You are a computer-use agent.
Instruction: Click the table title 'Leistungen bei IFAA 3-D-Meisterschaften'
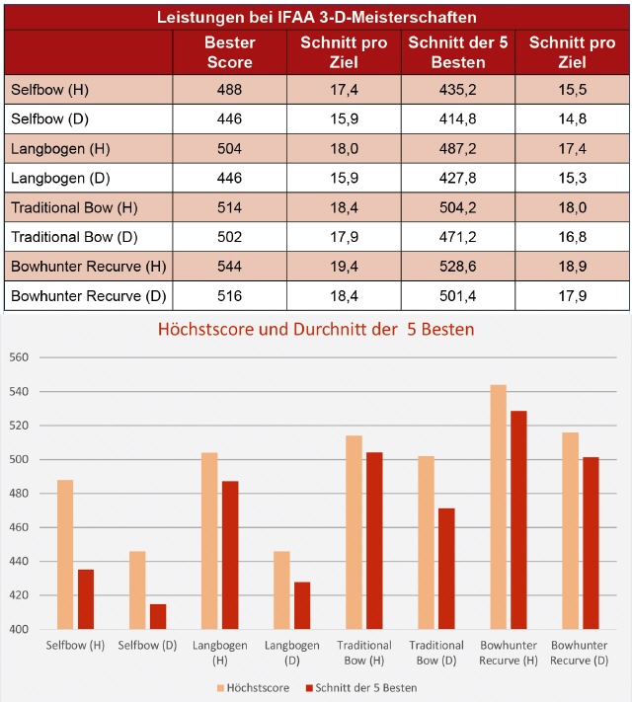[315, 16]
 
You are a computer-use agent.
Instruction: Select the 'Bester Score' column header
[229, 52]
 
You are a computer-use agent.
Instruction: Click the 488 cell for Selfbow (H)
[229, 90]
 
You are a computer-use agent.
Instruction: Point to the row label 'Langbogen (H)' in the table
[49, 150]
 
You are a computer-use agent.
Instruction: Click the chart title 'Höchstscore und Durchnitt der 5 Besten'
[316, 329]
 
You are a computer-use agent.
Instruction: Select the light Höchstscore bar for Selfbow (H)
[64, 554]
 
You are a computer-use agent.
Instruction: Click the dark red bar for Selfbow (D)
[158, 616]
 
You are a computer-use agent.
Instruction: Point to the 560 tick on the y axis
[21, 358]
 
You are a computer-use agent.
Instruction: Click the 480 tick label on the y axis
[21, 494]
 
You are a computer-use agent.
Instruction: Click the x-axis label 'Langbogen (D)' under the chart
[293, 652]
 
